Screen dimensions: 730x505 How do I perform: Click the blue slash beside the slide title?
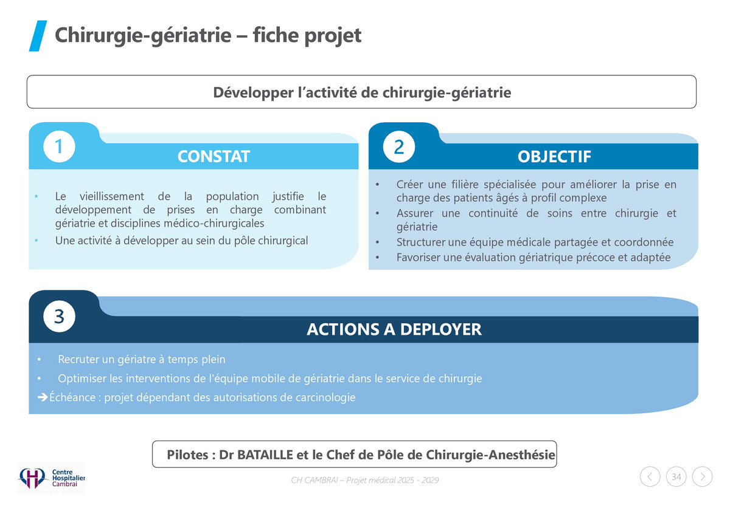(x=38, y=36)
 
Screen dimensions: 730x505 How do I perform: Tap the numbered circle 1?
(x=59, y=146)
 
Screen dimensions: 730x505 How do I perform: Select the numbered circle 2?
(x=399, y=146)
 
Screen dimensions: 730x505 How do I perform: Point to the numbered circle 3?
(x=59, y=316)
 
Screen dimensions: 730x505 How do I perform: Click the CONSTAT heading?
(x=214, y=156)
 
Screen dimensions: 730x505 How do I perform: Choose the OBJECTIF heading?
(x=554, y=157)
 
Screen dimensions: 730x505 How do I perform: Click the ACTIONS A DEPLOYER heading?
(x=394, y=329)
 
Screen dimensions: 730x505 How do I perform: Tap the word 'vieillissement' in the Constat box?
(x=112, y=196)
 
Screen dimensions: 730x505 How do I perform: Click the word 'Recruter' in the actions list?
(x=78, y=359)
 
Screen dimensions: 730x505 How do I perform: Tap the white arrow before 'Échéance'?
(x=43, y=397)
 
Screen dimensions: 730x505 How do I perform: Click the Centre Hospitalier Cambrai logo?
(x=51, y=478)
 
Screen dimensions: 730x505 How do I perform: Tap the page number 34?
(x=676, y=476)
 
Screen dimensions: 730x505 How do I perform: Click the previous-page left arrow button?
(x=650, y=476)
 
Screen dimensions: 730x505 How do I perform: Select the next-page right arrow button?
(x=702, y=476)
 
